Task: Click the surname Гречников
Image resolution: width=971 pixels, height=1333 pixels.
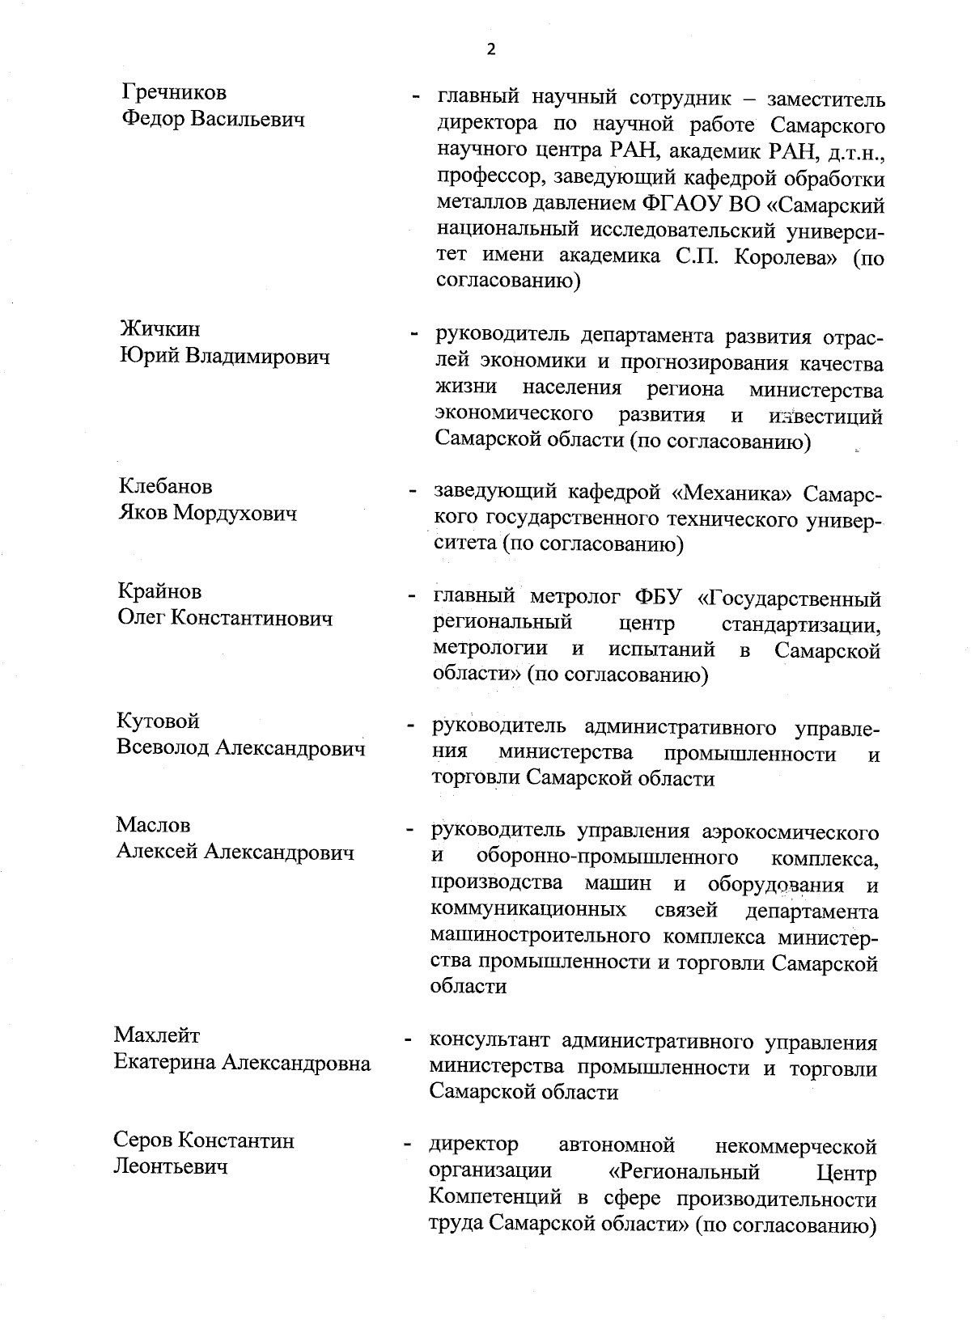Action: point(173,92)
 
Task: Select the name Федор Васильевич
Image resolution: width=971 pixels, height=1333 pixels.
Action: point(213,120)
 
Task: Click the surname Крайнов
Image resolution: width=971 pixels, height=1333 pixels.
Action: point(159,592)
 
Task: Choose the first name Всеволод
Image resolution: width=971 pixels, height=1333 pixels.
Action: point(163,748)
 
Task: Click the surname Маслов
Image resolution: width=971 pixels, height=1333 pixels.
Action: point(153,826)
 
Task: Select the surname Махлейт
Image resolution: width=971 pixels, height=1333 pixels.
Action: point(157,1035)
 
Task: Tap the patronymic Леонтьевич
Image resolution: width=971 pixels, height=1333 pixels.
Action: point(170,1166)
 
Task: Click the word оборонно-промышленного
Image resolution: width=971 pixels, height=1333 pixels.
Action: point(607,857)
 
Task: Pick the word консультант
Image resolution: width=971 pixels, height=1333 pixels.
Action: point(488,1041)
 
